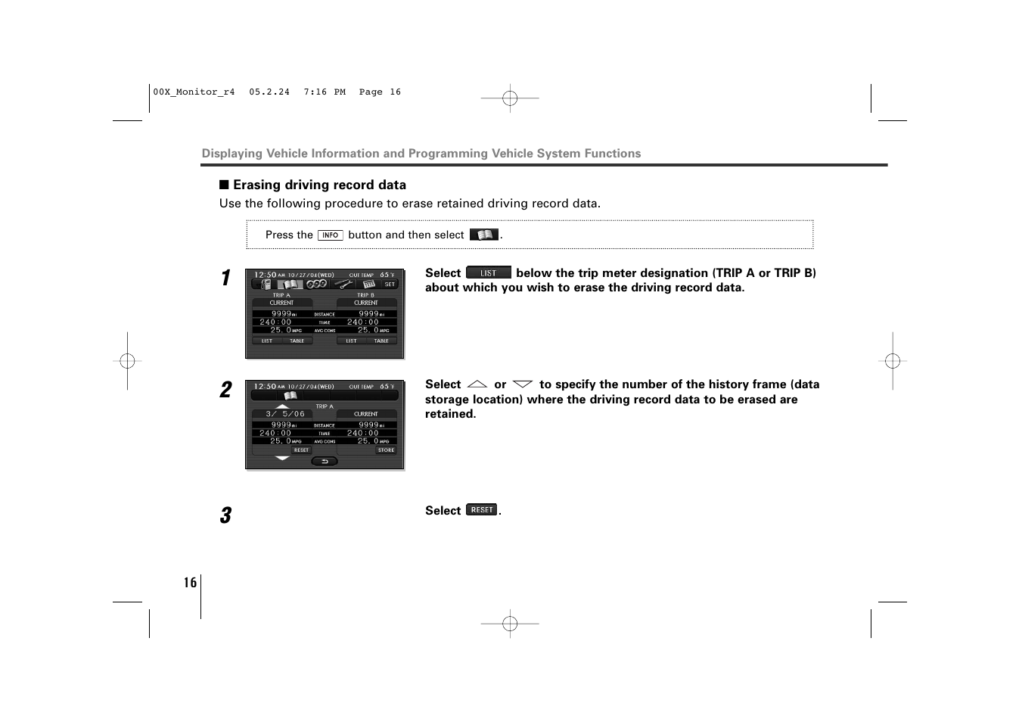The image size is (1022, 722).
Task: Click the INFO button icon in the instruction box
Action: pos(330,235)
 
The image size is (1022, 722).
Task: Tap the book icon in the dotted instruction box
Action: pos(484,235)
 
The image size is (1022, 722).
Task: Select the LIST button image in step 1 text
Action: pos(489,273)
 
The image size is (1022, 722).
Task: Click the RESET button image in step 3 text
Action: pos(482,510)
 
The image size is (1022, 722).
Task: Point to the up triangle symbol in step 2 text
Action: pos(477,384)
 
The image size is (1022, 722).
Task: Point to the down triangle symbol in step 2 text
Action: pos(523,384)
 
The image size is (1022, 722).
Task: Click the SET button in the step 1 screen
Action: pos(390,285)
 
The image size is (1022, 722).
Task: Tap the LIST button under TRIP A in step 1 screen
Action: pos(267,341)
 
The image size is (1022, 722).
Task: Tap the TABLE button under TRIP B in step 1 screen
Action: pos(381,341)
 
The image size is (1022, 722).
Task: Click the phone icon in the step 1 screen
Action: pos(266,285)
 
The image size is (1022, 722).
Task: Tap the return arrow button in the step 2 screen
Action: pos(325,461)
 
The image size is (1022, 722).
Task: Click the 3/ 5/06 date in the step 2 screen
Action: pos(285,414)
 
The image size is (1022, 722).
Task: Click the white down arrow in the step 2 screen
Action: pos(282,458)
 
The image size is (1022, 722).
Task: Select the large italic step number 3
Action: pos(225,516)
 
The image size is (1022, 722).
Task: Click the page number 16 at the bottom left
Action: pos(190,582)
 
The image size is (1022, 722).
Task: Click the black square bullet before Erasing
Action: pos(224,185)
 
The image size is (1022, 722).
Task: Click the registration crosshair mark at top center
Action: pos(510,98)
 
